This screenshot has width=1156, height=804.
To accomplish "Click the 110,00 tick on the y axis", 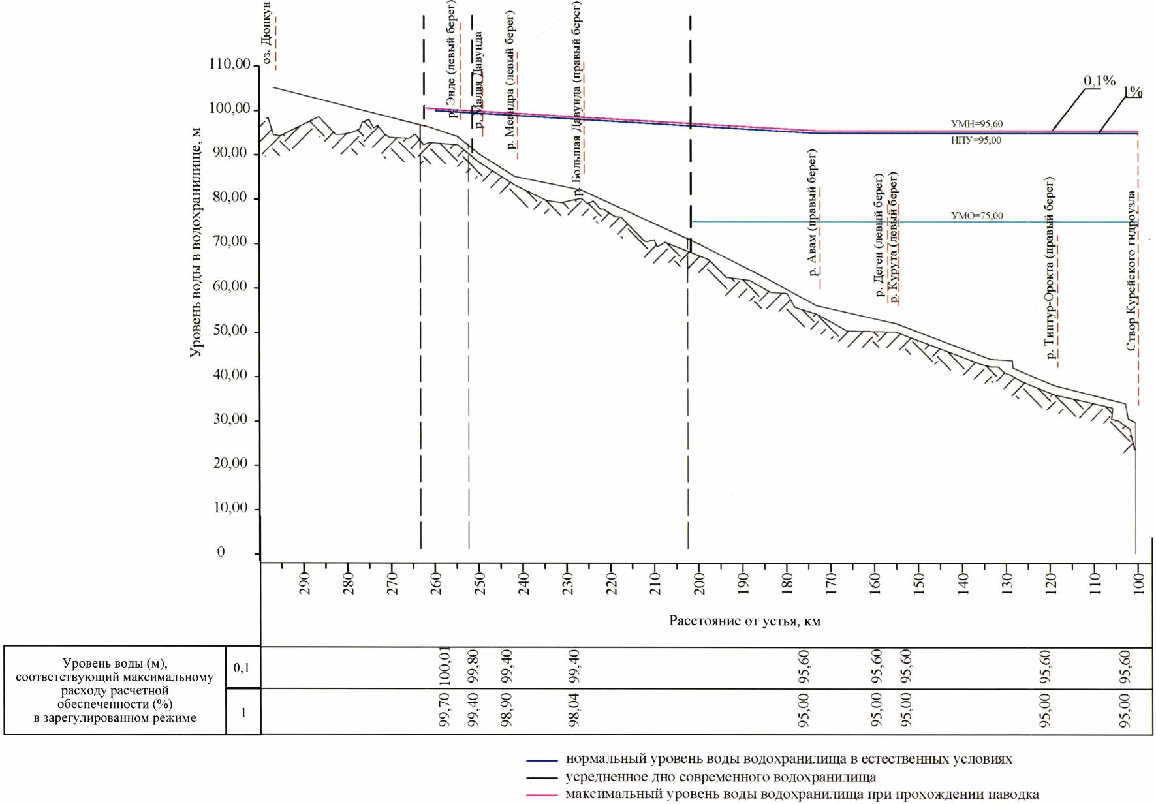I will pos(229,64).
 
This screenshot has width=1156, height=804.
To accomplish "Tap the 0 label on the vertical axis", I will pos(221,552).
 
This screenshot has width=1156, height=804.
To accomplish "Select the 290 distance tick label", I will pos(304,582).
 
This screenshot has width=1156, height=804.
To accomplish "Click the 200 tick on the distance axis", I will pos(699,582).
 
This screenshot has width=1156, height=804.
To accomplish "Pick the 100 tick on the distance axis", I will pos(1139,582).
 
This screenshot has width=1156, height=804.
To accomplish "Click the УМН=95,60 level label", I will pos(976,124).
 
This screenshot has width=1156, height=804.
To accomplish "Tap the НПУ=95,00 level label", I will pos(976,140).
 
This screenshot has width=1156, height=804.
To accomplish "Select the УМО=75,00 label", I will pos(976,216).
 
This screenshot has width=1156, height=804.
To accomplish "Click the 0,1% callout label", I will pos(1099,81).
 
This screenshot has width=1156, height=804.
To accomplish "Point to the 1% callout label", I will pos(1133,92).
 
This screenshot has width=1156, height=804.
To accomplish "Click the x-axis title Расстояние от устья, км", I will pos(744,621).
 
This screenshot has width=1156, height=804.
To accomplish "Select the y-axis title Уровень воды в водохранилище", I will pos(195,242).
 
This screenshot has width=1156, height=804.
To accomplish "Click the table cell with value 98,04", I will pos(574,710).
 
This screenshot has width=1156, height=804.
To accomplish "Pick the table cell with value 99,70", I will pos(445,710).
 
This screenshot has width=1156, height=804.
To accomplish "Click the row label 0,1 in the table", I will pos(242,668).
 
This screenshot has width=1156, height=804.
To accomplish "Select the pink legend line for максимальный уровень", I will pos(542,796).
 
